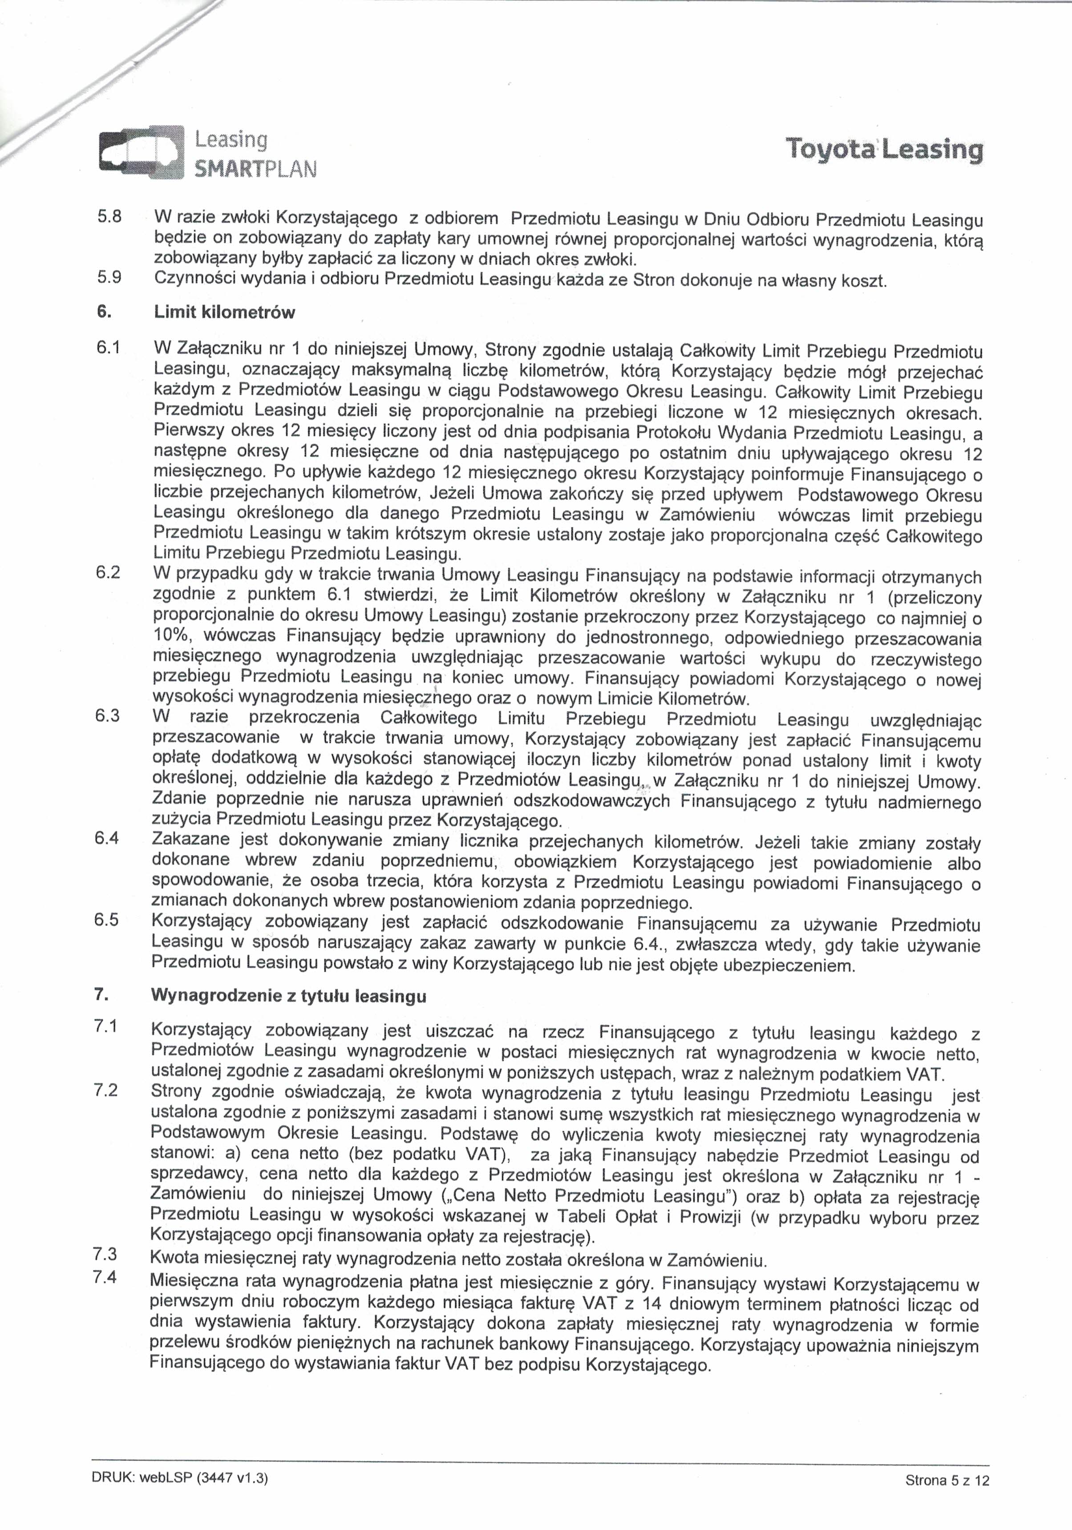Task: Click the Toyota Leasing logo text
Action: tap(884, 149)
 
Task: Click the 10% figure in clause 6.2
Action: tap(173, 636)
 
